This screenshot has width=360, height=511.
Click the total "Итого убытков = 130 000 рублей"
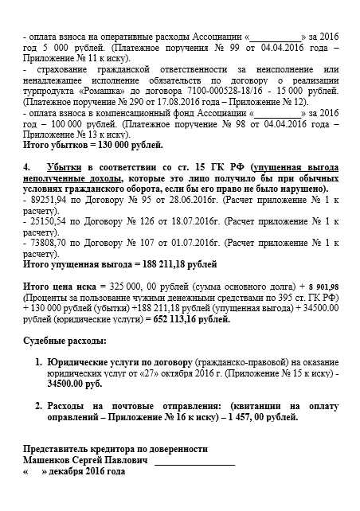93,146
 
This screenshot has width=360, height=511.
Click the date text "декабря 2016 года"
88,470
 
